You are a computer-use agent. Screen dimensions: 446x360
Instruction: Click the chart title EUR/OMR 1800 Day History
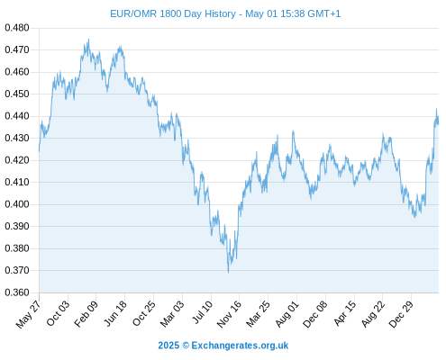pyautogui.click(x=173, y=13)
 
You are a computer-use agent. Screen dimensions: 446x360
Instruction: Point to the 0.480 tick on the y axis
pyautogui.click(x=17, y=28)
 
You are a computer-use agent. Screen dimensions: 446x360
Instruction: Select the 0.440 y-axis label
pyautogui.click(x=17, y=116)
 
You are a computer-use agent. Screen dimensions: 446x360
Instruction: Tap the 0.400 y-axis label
pyautogui.click(x=17, y=204)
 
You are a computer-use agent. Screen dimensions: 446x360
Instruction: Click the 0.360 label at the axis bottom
pyautogui.click(x=17, y=292)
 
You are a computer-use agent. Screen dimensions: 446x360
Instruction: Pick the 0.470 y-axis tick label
pyautogui.click(x=17, y=49)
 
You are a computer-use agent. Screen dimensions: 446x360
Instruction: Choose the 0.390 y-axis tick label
pyautogui.click(x=17, y=226)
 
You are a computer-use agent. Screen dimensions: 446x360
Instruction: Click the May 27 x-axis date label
pyautogui.click(x=28, y=314)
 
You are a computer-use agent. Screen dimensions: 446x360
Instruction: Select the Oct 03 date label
pyautogui.click(x=58, y=313)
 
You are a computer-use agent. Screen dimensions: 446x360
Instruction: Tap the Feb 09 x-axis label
pyautogui.click(x=86, y=314)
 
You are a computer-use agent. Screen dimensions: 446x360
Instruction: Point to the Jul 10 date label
pyautogui.click(x=203, y=312)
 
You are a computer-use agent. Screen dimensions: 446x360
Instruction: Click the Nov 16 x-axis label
pyautogui.click(x=229, y=314)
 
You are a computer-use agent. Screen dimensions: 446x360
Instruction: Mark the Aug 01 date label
pyautogui.click(x=287, y=314)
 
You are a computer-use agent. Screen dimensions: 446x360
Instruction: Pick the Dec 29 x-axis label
pyautogui.click(x=401, y=314)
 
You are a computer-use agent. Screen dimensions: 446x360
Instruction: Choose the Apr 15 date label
pyautogui.click(x=345, y=313)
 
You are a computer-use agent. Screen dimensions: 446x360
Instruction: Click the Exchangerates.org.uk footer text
pyautogui.click(x=240, y=346)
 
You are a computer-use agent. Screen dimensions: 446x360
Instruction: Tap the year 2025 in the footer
pyautogui.click(x=168, y=346)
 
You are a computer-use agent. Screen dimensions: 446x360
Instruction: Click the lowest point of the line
pyautogui.click(x=229, y=273)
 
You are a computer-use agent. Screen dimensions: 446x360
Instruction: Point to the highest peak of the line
pyautogui.click(x=88, y=39)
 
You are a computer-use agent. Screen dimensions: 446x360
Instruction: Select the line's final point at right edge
pyautogui.click(x=438, y=122)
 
